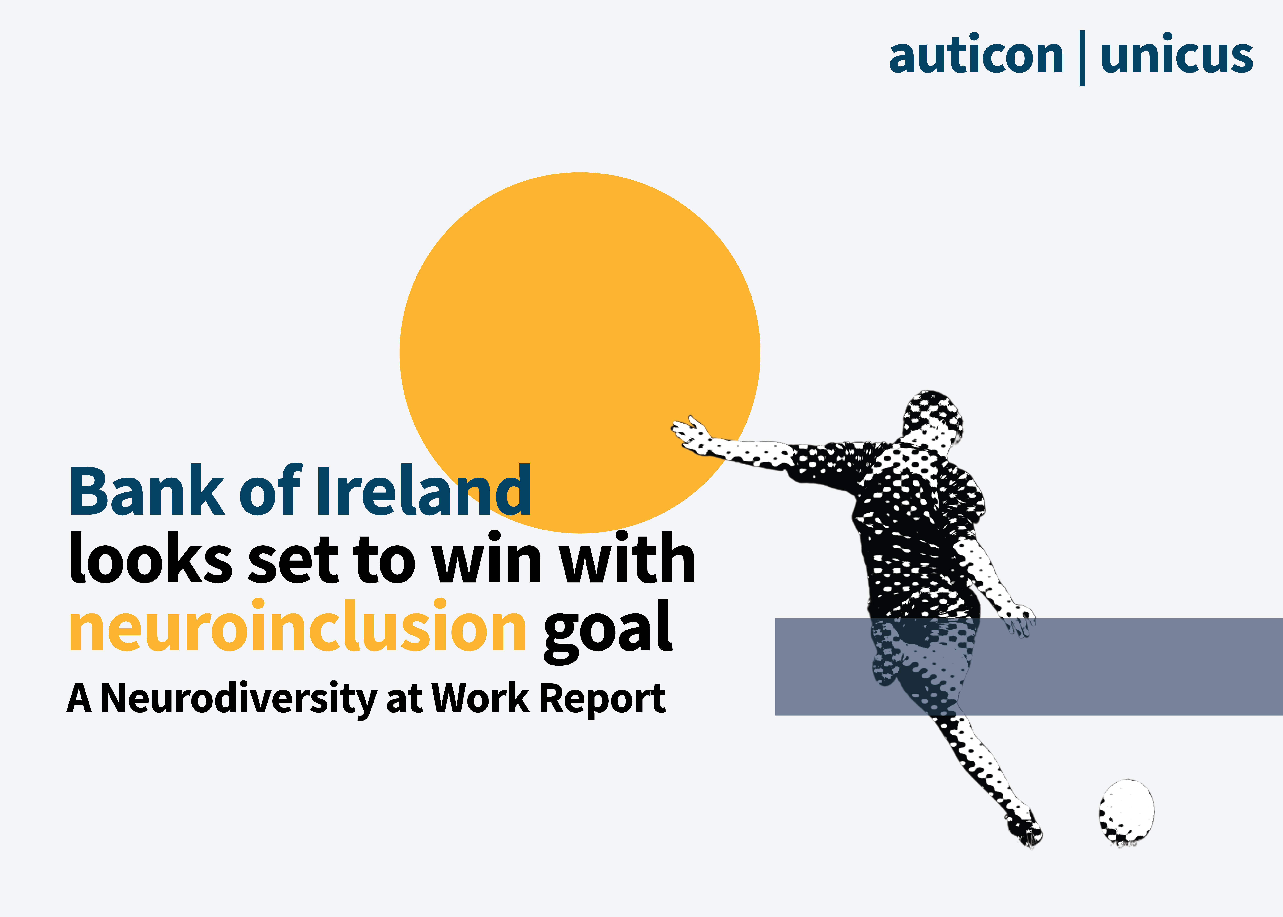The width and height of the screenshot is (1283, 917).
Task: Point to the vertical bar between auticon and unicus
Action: [x=1082, y=58]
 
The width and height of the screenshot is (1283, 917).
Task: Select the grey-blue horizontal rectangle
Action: [x=1028, y=667]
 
